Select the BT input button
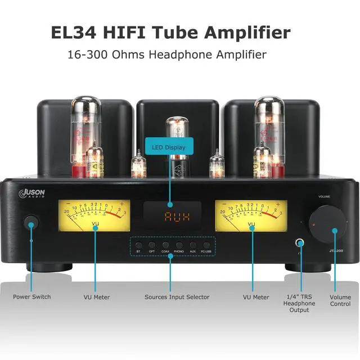click(139, 246)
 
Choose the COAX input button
click(166, 246)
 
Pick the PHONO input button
click(179, 246)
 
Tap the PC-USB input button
click(206, 246)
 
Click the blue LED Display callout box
click(169, 147)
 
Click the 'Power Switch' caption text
click(33, 297)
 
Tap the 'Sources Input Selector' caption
click(177, 297)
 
